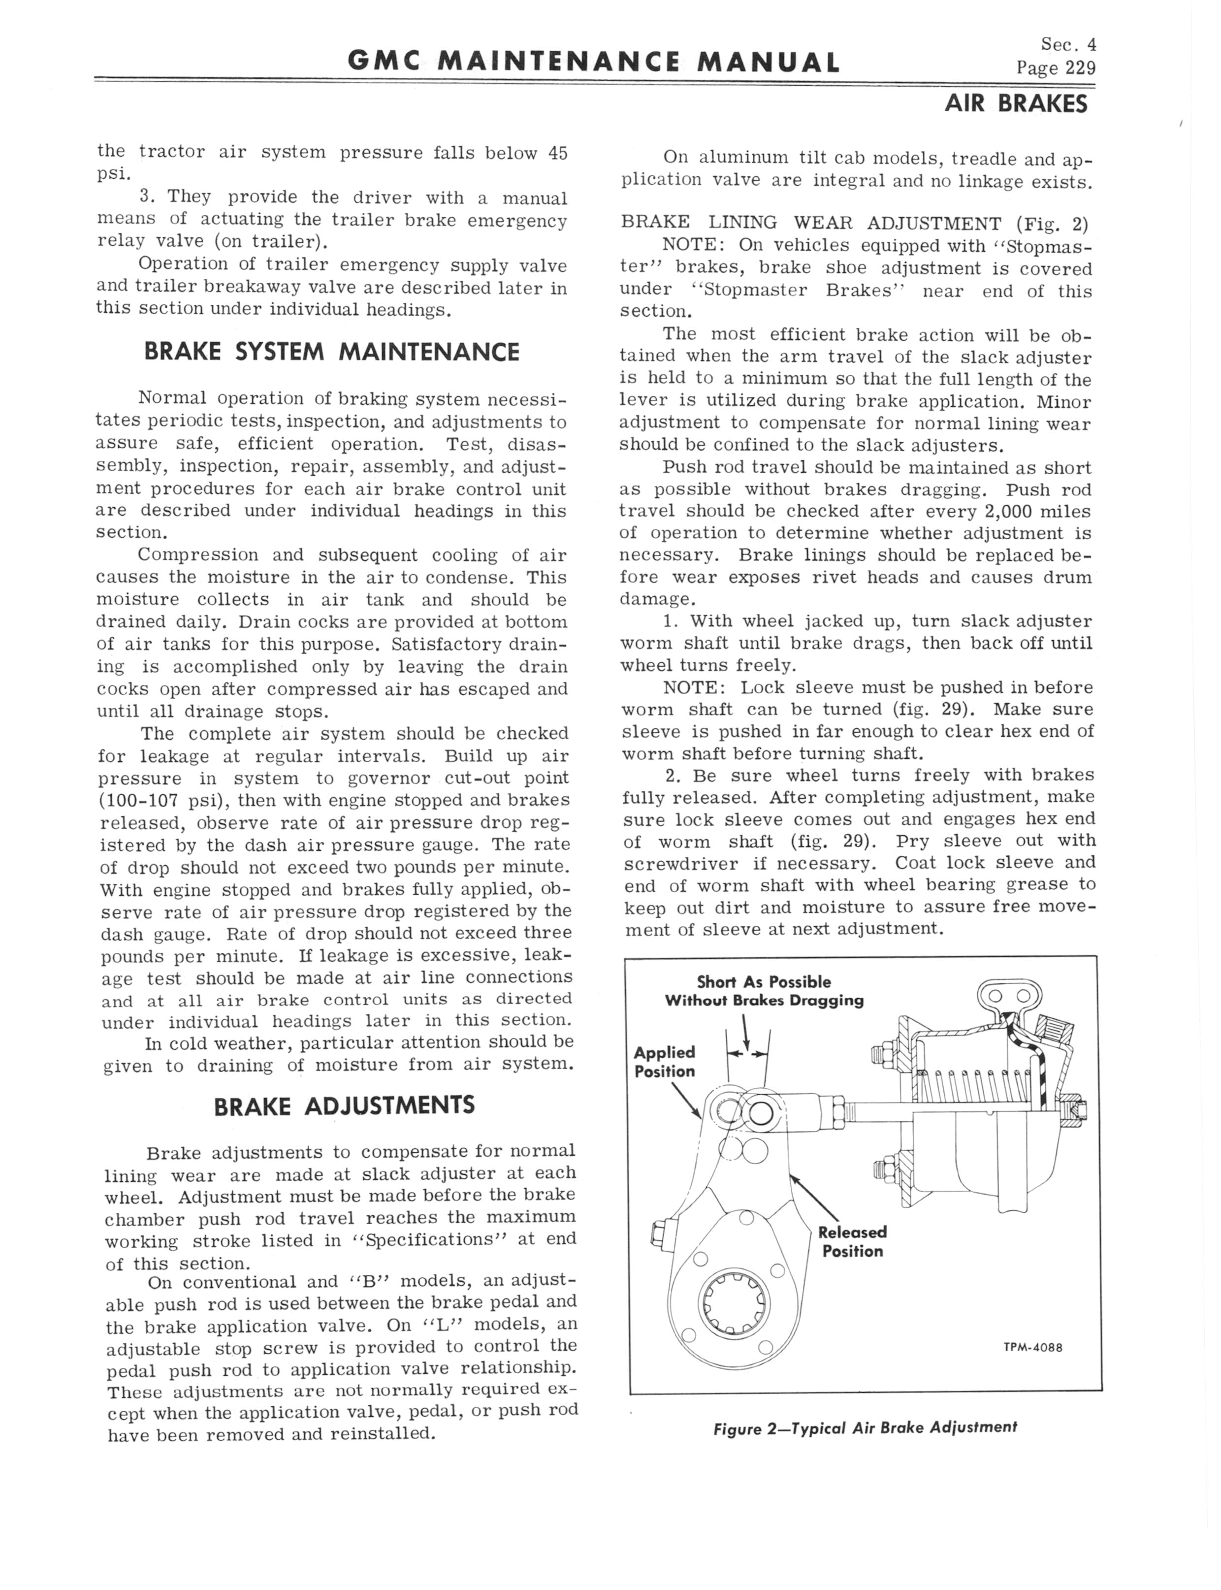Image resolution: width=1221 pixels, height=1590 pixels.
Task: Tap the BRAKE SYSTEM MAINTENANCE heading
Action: tap(331, 353)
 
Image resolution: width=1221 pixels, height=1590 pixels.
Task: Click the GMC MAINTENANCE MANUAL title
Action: tap(593, 63)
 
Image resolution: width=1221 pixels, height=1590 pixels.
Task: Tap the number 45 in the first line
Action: tap(557, 153)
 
